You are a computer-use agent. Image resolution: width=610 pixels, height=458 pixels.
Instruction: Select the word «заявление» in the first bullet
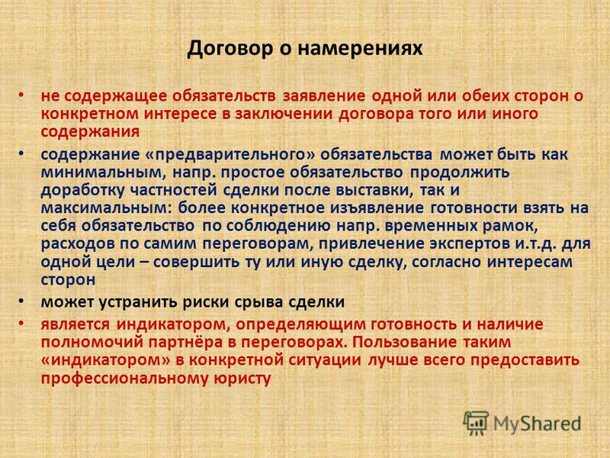point(323,96)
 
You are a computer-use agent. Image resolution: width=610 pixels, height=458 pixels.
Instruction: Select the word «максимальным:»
point(106,208)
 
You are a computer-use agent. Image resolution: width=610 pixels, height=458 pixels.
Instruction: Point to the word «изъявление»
point(377,208)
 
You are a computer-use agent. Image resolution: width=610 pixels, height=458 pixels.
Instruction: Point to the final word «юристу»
point(242,378)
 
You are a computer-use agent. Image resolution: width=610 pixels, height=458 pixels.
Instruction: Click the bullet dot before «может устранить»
point(21,301)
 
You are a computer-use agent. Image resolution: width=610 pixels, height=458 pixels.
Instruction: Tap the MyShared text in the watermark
point(538,424)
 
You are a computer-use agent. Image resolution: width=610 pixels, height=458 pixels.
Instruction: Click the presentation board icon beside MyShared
point(476,423)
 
